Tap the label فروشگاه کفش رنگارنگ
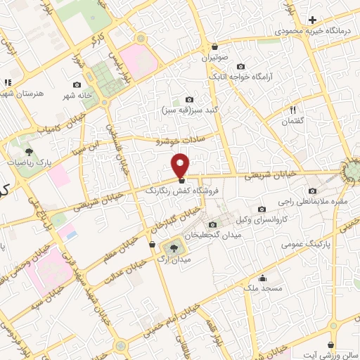[x=182, y=190]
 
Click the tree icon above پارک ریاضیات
[x=29, y=151]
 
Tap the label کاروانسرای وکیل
[x=262, y=220]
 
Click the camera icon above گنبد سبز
[x=188, y=100]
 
